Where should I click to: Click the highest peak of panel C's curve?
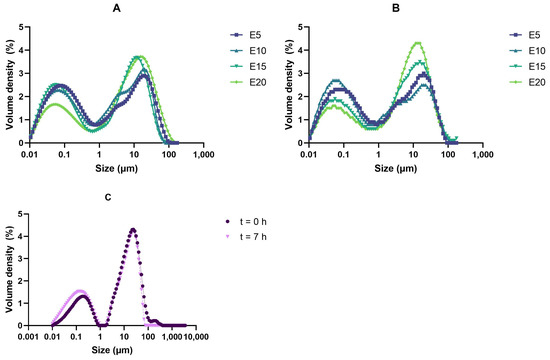132,230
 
